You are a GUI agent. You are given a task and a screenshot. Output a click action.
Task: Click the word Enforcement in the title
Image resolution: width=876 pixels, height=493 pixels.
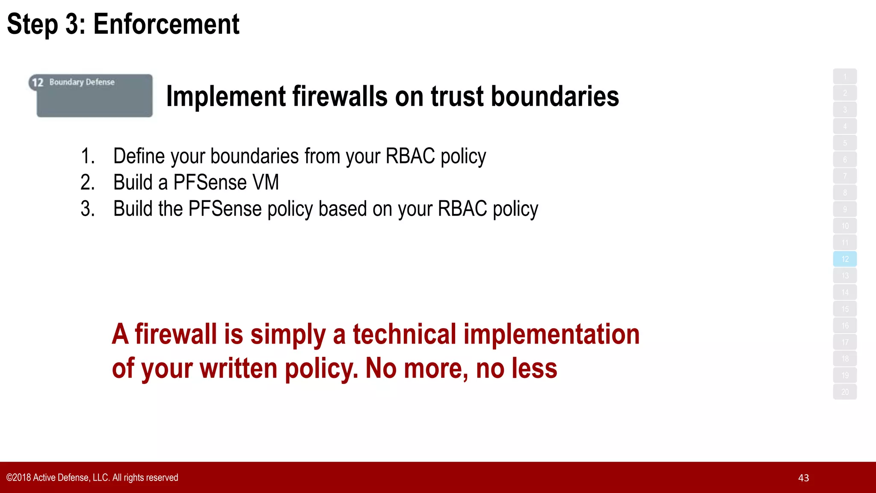(166, 24)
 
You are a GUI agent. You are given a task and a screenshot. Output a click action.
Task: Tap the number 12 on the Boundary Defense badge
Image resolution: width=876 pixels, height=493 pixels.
(38, 82)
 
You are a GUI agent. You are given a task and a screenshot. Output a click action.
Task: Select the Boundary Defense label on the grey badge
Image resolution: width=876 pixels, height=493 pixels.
(82, 82)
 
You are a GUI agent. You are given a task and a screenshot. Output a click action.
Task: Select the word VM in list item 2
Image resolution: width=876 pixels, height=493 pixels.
(265, 182)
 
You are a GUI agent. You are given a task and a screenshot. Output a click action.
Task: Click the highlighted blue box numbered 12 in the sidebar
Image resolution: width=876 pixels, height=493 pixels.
(845, 259)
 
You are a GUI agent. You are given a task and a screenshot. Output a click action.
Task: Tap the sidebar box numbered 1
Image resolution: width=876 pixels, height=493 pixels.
(845, 77)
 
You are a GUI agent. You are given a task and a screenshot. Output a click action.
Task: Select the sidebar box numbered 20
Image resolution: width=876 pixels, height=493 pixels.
(845, 392)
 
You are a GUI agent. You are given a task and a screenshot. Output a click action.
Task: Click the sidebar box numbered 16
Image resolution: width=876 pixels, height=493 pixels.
(845, 326)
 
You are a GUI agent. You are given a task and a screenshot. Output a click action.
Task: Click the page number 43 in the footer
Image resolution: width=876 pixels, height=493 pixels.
(803, 478)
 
